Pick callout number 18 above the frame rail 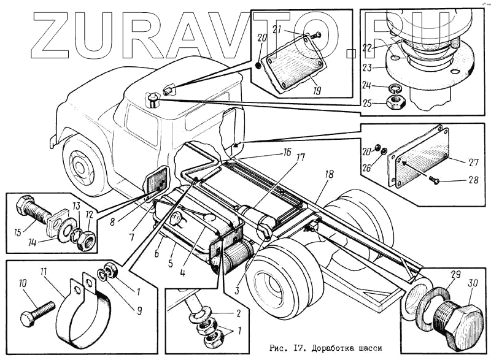[x=329, y=175]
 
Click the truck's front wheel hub [x=79, y=165]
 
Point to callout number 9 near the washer [x=139, y=310]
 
